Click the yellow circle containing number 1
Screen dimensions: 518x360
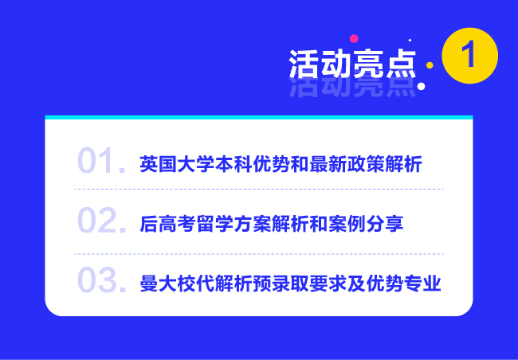click(x=469, y=56)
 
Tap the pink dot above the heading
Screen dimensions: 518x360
click(x=354, y=39)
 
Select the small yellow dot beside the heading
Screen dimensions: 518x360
click(x=430, y=65)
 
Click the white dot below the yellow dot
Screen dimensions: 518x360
click(x=421, y=86)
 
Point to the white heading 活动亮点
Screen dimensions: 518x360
click(x=352, y=64)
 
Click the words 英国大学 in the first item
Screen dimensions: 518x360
click(x=177, y=164)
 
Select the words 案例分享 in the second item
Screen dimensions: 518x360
click(x=366, y=224)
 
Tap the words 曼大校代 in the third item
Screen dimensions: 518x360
click(x=177, y=284)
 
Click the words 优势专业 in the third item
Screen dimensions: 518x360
click(x=404, y=284)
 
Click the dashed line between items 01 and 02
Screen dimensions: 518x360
click(x=259, y=190)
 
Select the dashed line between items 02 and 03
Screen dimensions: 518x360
click(x=259, y=254)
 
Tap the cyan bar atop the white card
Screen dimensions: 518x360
click(x=259, y=117)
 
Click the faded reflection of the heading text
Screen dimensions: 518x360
click(x=352, y=88)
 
